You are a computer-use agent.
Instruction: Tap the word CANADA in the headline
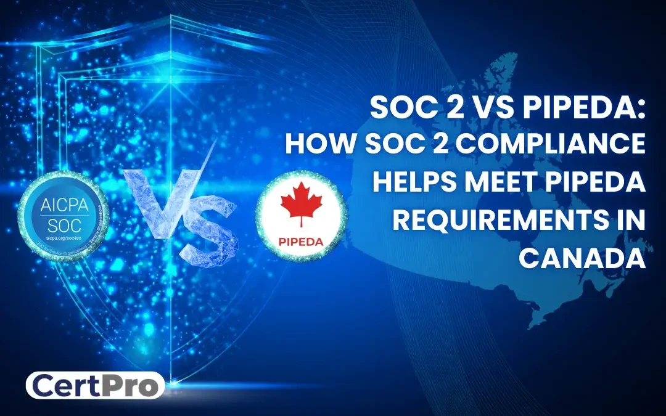[582, 256]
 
